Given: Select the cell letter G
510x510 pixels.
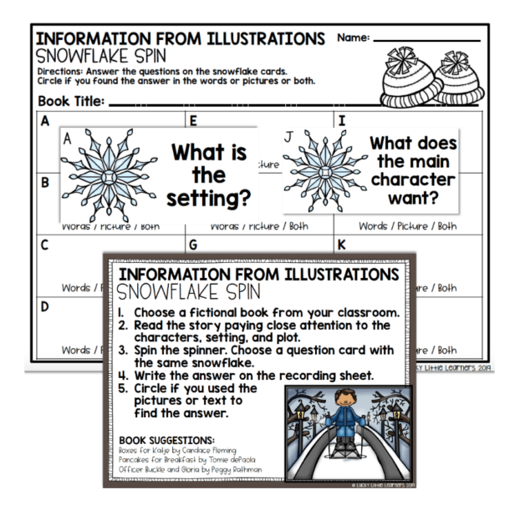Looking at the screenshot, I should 193,247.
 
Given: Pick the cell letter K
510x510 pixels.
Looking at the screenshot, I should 340,247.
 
